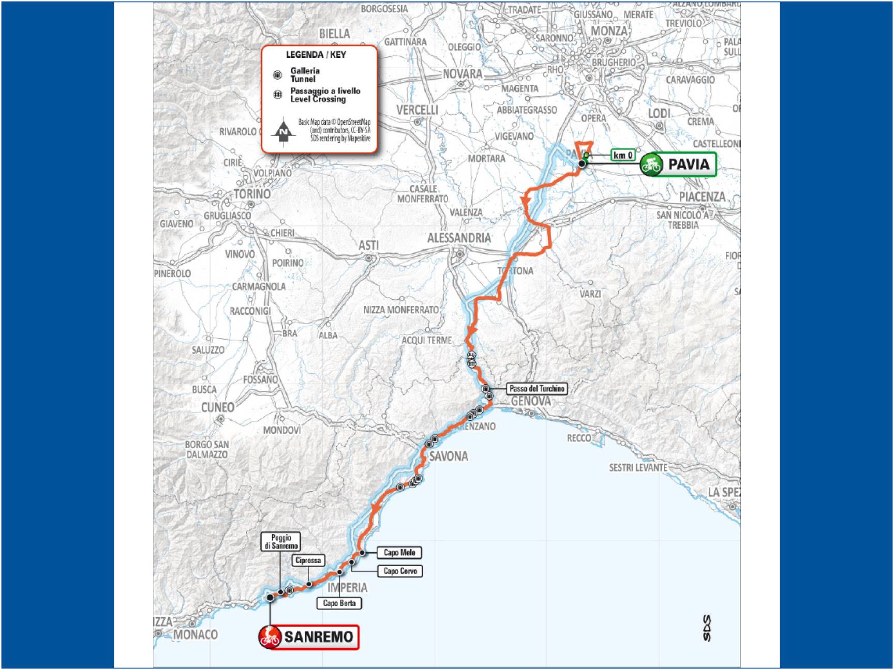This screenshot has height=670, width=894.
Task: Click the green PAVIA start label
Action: pos(678,164)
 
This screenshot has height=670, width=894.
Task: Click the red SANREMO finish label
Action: pos(309,636)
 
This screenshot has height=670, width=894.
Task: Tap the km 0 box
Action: pos(622,155)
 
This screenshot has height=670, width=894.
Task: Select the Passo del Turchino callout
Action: pos(537,388)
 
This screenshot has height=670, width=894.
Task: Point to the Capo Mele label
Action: pos(399,553)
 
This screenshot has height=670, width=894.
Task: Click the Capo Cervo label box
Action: pos(400,571)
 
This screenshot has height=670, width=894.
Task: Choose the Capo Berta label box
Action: pos(339,603)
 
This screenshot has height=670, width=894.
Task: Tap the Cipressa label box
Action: pos(308,560)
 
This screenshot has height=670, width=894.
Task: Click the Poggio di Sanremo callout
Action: pos(281,542)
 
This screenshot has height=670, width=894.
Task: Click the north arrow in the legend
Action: pos(283,132)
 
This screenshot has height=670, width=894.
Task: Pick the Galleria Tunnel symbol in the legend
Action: pos(278,75)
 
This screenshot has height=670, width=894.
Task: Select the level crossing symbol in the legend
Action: pos(278,95)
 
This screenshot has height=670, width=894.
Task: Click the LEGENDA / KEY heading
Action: pos(316,55)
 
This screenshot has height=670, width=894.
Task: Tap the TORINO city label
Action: pos(252,194)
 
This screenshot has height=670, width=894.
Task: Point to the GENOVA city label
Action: pos(531,401)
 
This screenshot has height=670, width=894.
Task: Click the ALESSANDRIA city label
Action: pos(459,238)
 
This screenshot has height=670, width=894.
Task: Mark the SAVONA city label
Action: pos(449,456)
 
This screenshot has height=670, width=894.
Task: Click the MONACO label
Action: pos(196,634)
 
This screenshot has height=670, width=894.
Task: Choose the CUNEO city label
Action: pos(218,407)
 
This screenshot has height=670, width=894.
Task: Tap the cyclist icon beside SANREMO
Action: pos(270,637)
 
